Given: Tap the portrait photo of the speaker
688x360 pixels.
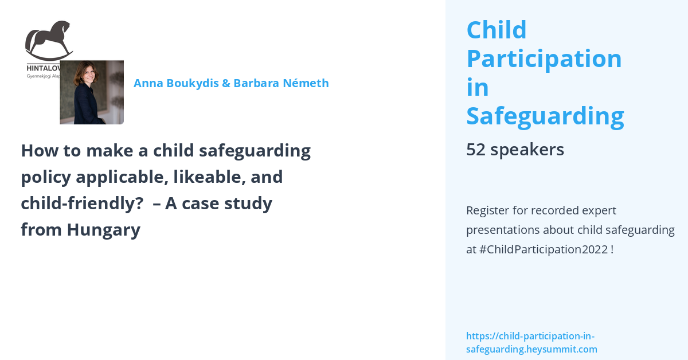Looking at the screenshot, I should [92, 92].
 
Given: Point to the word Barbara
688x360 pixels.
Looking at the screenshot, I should [257, 83].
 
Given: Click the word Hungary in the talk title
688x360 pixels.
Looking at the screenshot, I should [103, 230].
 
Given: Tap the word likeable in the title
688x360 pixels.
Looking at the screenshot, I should [208, 177].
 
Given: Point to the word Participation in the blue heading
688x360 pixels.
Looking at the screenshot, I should [544, 58].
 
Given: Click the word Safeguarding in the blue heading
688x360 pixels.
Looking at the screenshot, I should [545, 116].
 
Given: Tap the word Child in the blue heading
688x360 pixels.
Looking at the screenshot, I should [496, 30].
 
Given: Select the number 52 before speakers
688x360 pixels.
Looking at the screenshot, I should [475, 150].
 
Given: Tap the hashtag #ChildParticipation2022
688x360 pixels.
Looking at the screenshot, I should [543, 250].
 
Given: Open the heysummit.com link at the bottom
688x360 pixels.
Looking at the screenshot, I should [531, 342].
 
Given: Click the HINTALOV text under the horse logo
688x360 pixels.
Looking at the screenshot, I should [43, 67].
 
